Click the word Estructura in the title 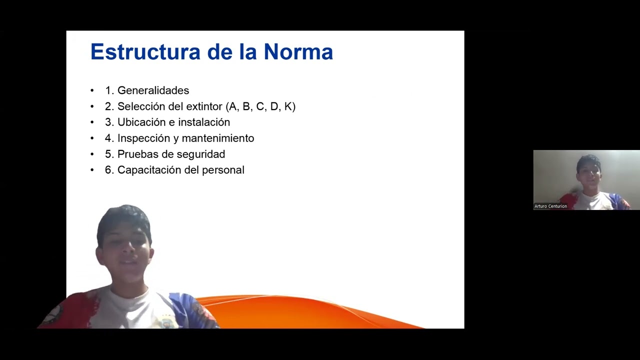click(145, 52)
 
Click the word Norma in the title click(298, 52)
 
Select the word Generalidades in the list click(153, 90)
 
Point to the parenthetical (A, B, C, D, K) click(260, 106)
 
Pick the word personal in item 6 click(223, 170)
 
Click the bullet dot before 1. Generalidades click(92, 90)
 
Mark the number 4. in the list click(109, 138)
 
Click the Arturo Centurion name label click(550, 206)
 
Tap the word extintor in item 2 click(204, 106)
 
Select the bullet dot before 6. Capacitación click(92, 170)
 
